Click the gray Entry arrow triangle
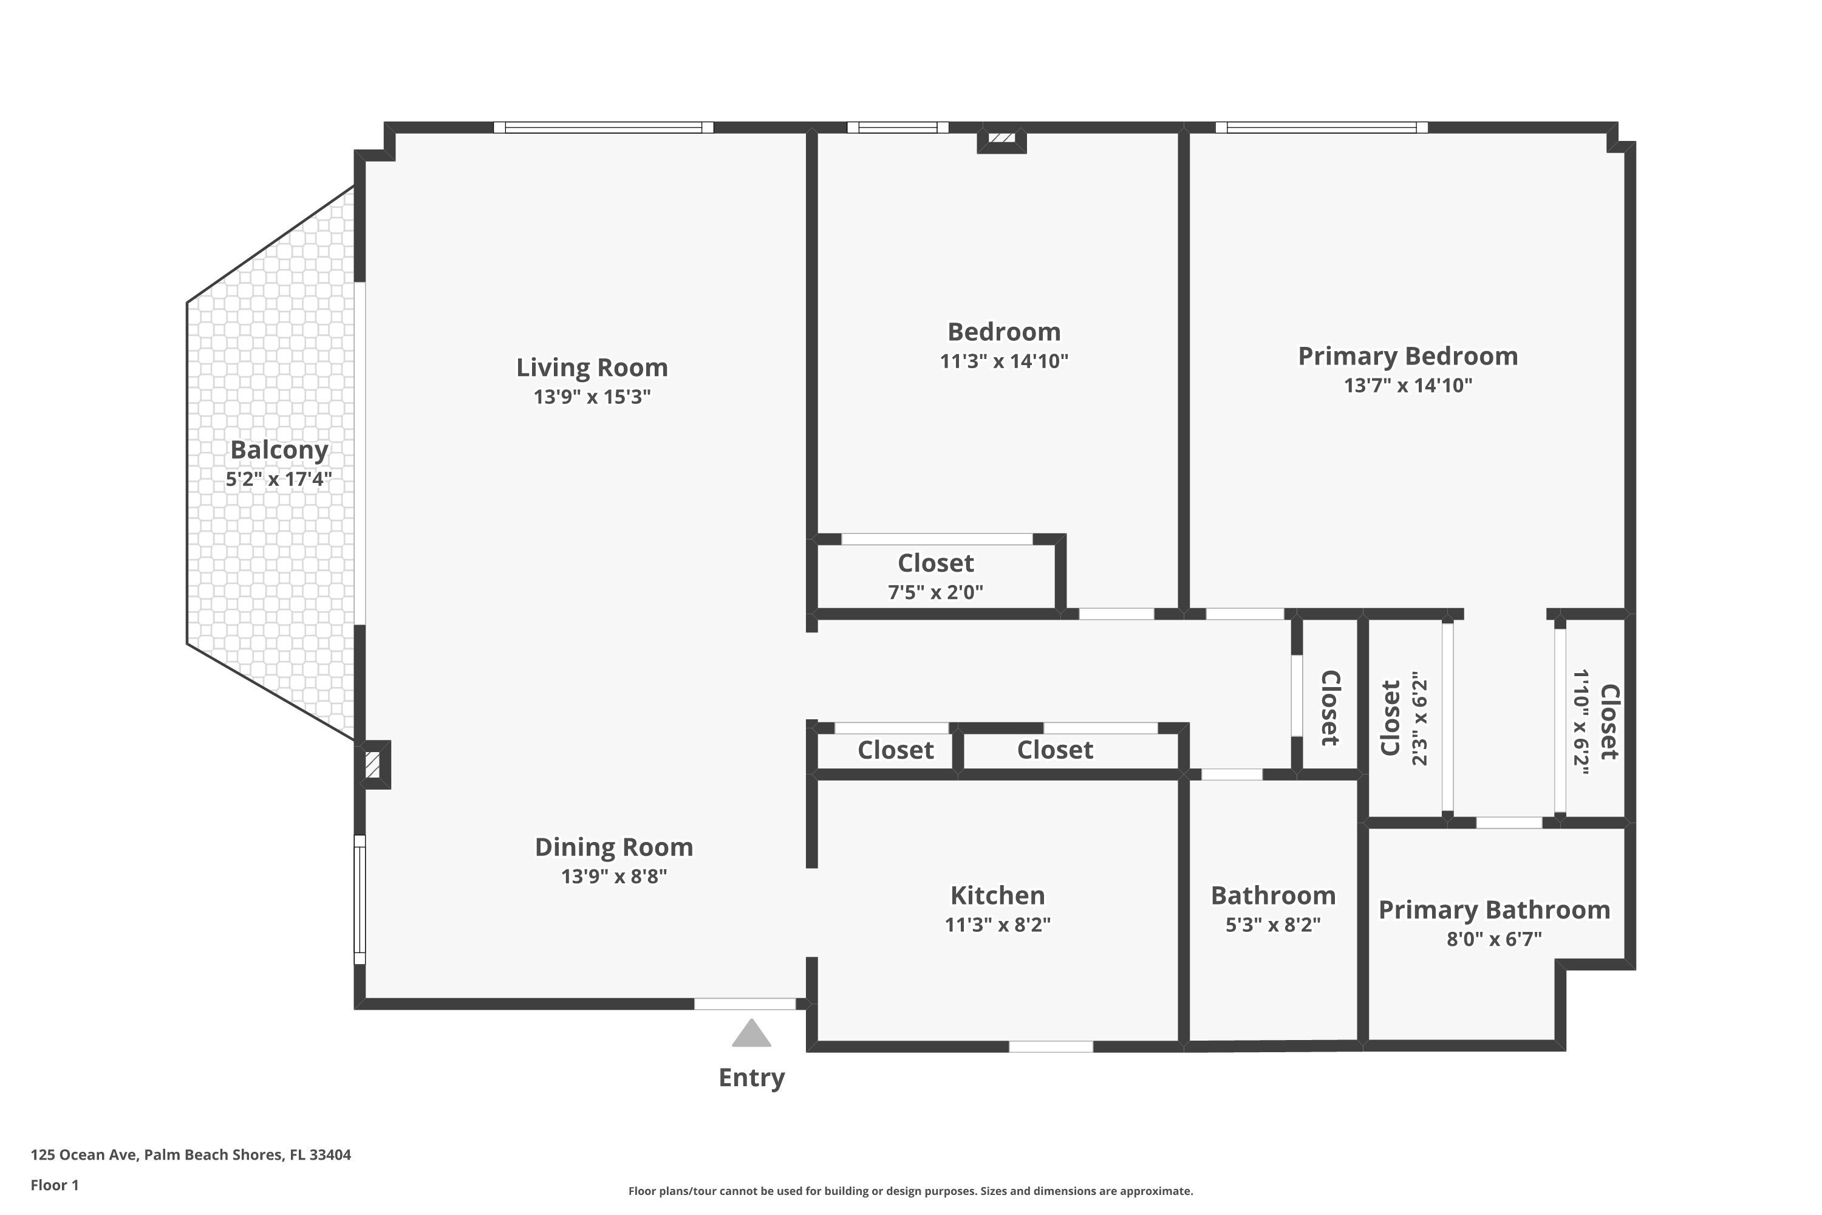751,1034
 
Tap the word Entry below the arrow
751,1078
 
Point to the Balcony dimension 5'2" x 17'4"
279,479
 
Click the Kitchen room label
998,895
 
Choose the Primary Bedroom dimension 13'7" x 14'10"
1408,385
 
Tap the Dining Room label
613,847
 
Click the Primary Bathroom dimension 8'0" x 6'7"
1494,939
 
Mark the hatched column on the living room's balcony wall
373,765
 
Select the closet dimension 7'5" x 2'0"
935,592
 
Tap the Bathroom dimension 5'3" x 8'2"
1273,925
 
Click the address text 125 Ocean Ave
84,1155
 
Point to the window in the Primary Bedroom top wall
1322,127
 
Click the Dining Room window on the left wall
360,899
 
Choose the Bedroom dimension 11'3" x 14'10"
1004,361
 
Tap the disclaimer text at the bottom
910,1191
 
